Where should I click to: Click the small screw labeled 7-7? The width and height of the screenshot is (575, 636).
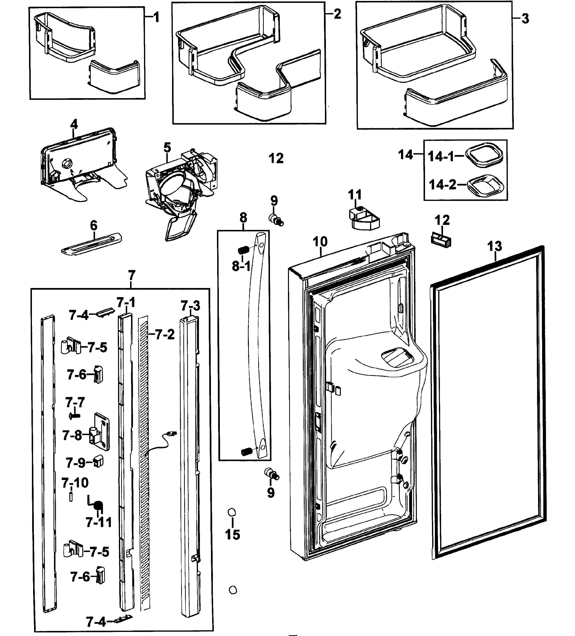point(74,416)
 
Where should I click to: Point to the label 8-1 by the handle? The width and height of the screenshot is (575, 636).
point(241,266)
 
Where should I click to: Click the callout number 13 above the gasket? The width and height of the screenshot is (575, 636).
point(494,246)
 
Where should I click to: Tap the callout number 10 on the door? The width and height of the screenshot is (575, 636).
point(320,242)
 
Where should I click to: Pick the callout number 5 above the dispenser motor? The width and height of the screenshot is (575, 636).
point(167,147)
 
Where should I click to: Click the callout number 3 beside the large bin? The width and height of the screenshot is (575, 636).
point(525,19)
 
